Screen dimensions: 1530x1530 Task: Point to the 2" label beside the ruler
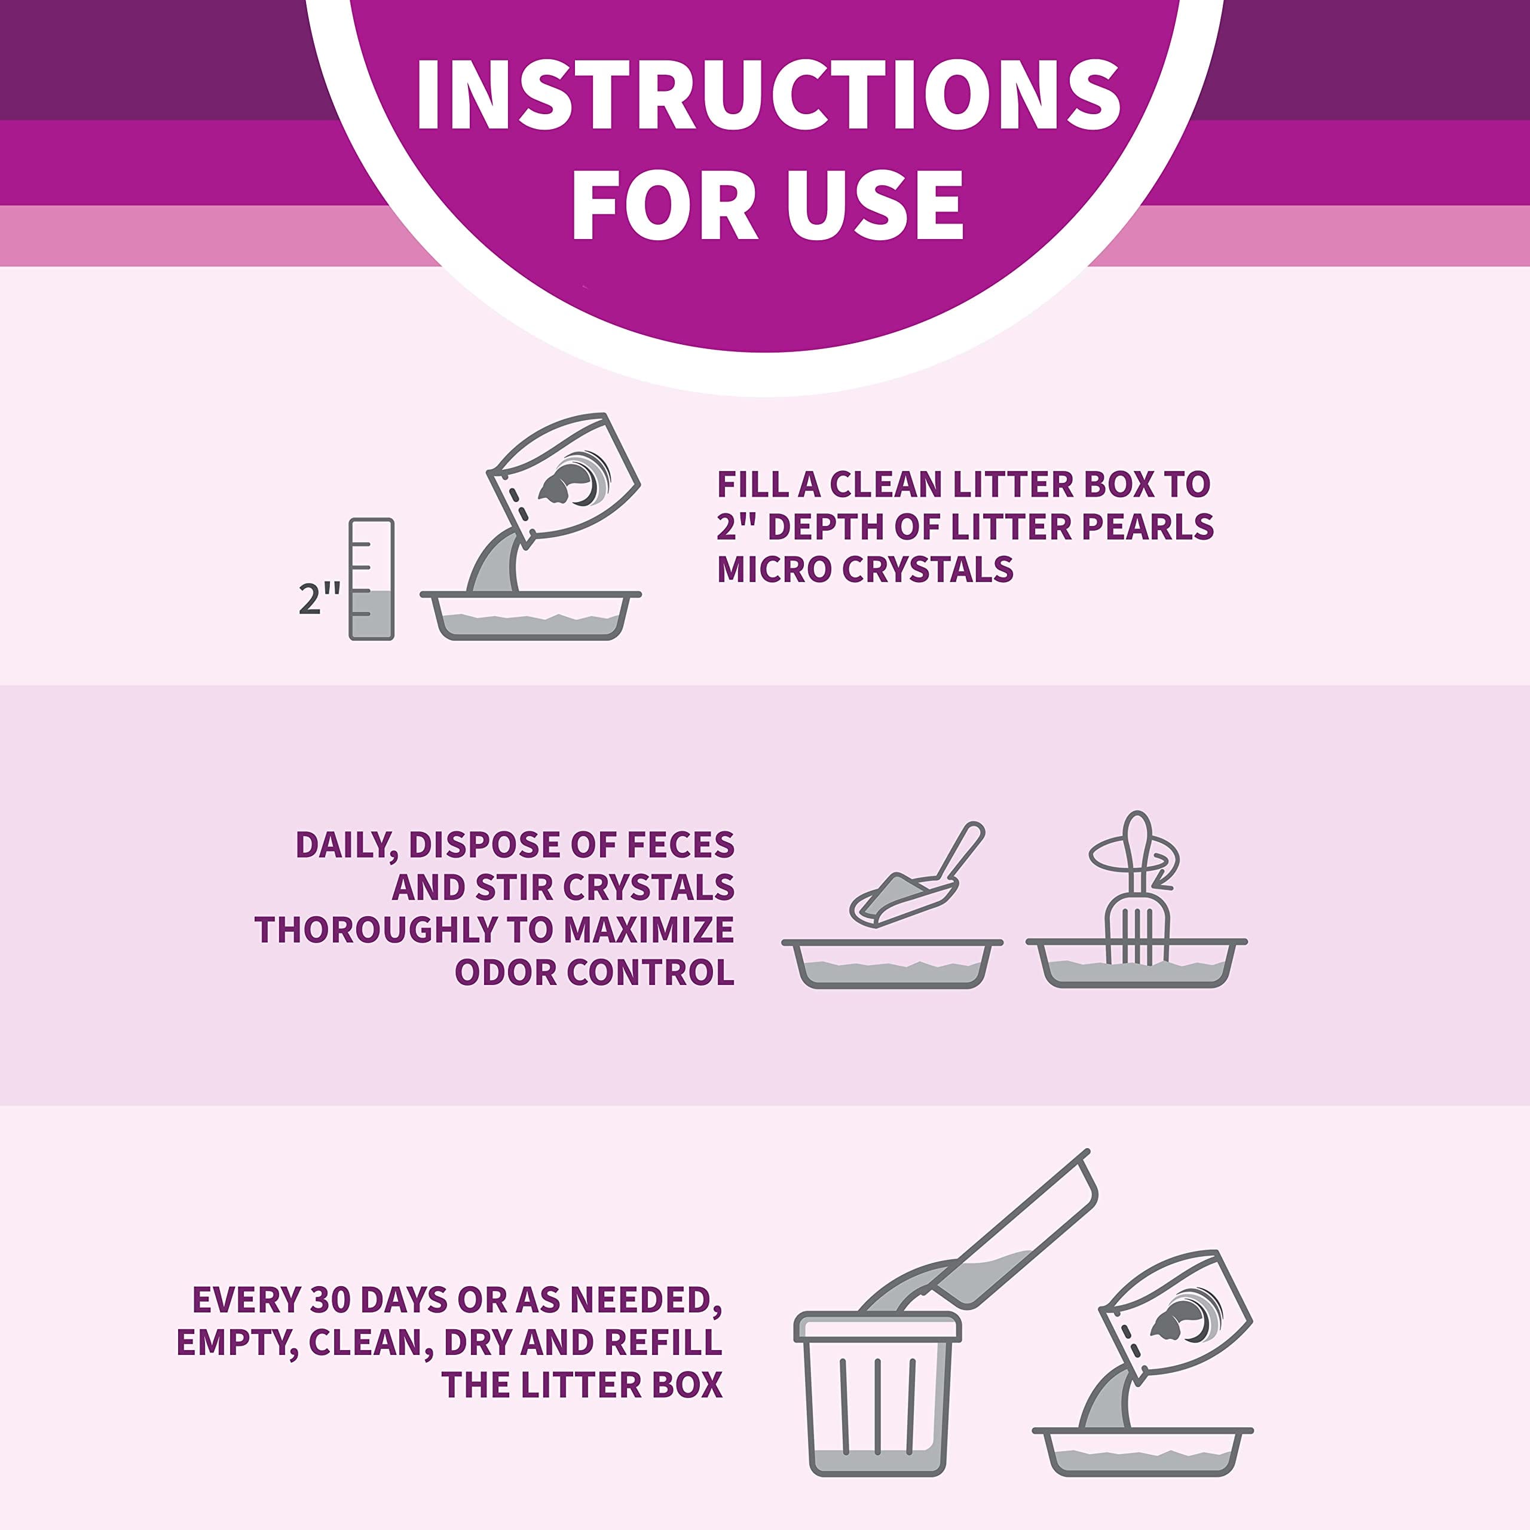click(320, 599)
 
